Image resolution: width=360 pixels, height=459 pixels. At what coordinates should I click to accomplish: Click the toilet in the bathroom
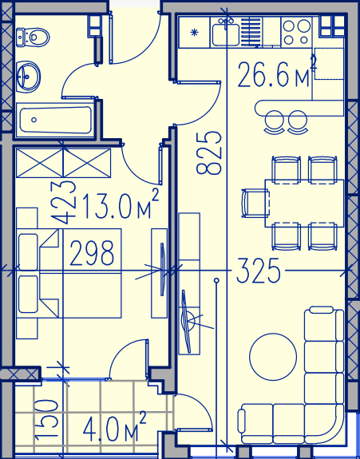pyautogui.click(x=33, y=38)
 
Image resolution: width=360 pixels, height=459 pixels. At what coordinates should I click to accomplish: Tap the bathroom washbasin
pyautogui.click(x=28, y=77)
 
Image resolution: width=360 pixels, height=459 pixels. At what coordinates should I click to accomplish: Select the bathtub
pyautogui.click(x=55, y=120)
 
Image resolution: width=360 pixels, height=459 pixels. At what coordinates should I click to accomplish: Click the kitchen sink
pyautogui.click(x=225, y=34)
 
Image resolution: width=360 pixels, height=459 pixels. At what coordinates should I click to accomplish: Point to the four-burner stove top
pyautogui.click(x=296, y=32)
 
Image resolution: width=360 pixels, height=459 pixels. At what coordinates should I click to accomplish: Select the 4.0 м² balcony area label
pyautogui.click(x=114, y=427)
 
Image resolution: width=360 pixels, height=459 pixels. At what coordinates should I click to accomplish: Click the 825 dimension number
pyautogui.click(x=208, y=153)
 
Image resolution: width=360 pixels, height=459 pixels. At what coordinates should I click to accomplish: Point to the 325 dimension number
pyautogui.click(x=258, y=271)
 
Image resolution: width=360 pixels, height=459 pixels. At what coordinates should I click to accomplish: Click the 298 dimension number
pyautogui.click(x=92, y=253)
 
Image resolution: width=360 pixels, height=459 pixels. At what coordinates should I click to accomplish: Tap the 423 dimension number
pyautogui.click(x=63, y=203)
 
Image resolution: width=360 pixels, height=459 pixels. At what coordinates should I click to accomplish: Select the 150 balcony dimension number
pyautogui.click(x=46, y=420)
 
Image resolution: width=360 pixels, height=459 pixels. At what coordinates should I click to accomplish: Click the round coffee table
pyautogui.click(x=273, y=357)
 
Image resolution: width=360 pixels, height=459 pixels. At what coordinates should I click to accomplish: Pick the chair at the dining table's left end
pyautogui.click(x=255, y=203)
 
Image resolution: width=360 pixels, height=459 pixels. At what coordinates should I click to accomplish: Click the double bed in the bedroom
pyautogui.click(x=69, y=273)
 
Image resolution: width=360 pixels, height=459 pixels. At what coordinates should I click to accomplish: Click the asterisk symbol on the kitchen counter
pyautogui.click(x=194, y=32)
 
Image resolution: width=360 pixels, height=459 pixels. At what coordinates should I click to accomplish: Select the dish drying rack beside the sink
pyautogui.click(x=251, y=32)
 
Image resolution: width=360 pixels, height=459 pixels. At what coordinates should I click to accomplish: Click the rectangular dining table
pyautogui.click(x=304, y=203)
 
